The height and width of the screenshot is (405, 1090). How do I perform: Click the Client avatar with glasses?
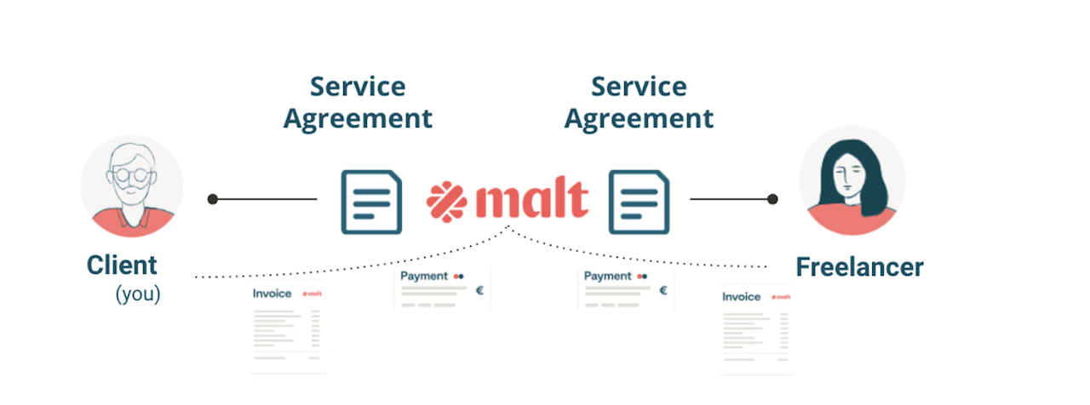pos(131,185)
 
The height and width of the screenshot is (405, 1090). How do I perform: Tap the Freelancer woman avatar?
pos(852,181)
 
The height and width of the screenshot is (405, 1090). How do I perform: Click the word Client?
pos(122,265)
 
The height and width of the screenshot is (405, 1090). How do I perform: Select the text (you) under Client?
pos(138,295)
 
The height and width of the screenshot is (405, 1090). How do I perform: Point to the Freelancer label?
pos(859,267)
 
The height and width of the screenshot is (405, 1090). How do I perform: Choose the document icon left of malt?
pos(372,202)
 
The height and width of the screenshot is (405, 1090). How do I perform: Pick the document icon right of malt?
pos(639,202)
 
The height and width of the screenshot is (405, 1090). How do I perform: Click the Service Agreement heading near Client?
pos(358,102)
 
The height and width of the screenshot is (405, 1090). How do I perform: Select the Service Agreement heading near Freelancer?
pos(639,102)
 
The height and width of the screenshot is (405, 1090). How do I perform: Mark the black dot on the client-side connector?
pos(212,199)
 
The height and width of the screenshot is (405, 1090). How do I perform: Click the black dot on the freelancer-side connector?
pos(772,199)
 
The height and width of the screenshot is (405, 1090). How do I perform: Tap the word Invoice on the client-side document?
pos(272,294)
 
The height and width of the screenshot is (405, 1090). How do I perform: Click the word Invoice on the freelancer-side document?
pos(741,297)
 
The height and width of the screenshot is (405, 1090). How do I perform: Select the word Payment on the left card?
pos(424,276)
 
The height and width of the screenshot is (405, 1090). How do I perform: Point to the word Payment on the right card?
pos(608,276)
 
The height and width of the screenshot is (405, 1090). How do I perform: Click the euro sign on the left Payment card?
pos(479,290)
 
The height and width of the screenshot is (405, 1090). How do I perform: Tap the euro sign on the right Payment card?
pos(663,290)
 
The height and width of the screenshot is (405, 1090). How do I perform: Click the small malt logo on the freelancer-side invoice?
pos(780,297)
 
